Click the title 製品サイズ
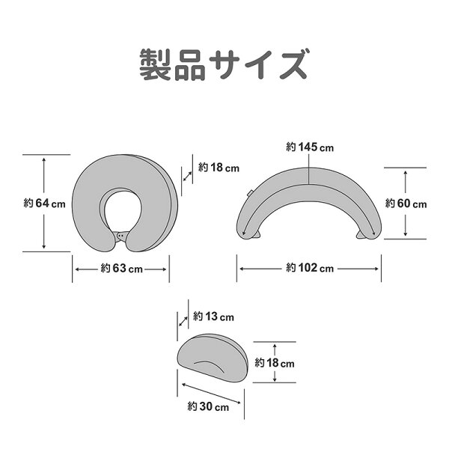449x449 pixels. coord(224,64)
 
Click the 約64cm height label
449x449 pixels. coord(44,204)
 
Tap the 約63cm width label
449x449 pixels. coord(122,269)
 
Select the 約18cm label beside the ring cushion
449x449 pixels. coord(219,167)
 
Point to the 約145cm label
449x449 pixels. coord(310,147)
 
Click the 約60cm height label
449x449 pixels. coord(406,204)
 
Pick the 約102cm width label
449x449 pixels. coord(310,268)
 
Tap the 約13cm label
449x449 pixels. coord(213,317)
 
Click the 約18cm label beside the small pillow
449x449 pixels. coord(275,363)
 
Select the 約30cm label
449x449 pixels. coord(208,406)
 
